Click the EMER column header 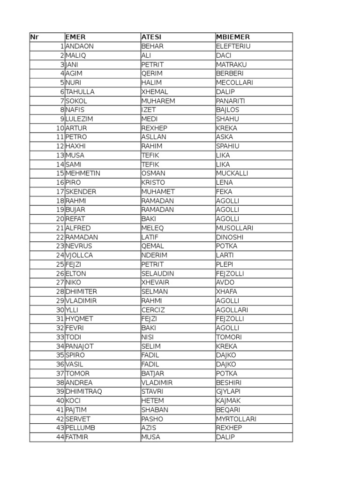click(x=76, y=37)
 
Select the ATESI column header click(x=151, y=37)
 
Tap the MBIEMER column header click(x=233, y=37)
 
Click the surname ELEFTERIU click(x=233, y=46)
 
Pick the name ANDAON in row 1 click(x=79, y=46)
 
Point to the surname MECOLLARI click(x=234, y=82)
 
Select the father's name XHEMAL click(x=154, y=92)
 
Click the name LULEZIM click(x=80, y=119)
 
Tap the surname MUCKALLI click(x=232, y=173)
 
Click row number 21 click(x=60, y=228)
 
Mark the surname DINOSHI click(x=230, y=237)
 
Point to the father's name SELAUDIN click(x=157, y=273)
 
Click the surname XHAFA click(x=227, y=292)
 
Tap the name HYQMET click(x=79, y=319)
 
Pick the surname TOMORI click(x=229, y=337)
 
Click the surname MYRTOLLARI click(x=236, y=419)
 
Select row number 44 click(x=60, y=437)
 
